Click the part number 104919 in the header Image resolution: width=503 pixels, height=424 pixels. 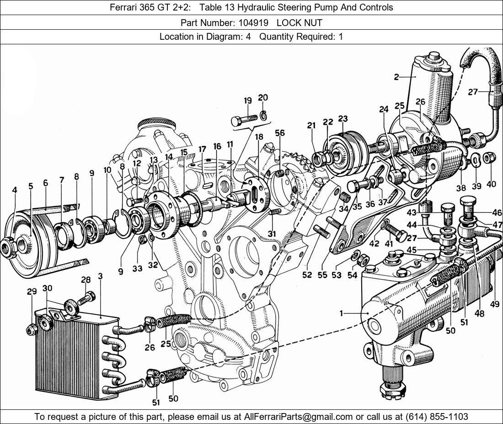coord(253,22)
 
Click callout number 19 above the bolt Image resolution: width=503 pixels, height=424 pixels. coord(248,101)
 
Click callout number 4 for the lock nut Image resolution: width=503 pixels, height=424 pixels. coord(15,190)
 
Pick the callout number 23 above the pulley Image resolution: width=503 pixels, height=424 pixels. coord(343,119)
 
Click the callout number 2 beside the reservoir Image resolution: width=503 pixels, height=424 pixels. coord(396,77)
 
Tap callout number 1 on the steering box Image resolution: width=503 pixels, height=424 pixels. coord(341,313)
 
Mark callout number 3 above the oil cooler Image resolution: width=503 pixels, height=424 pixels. coord(100,276)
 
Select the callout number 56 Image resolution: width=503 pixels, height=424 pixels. coord(280,133)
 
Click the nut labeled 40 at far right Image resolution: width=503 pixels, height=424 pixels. coord(488,159)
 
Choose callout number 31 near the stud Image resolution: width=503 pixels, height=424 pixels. coord(272,233)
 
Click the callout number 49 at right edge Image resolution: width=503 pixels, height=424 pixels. coord(494,304)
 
